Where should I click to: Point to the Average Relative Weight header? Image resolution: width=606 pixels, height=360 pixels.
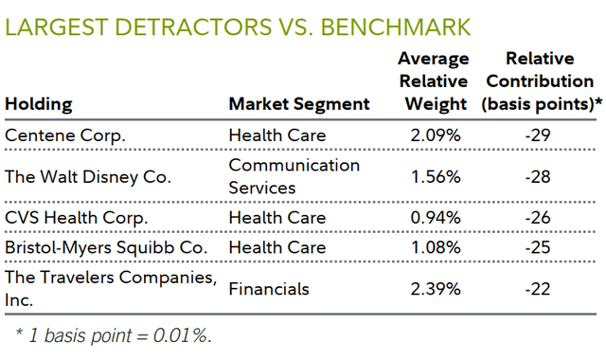pyautogui.click(x=435, y=81)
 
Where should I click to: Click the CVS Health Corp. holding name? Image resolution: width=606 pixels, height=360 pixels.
pyautogui.click(x=77, y=218)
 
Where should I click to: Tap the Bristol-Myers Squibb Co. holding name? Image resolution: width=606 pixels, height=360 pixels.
pyautogui.click(x=99, y=248)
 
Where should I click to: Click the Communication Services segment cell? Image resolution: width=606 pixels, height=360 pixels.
pyautogui.click(x=294, y=176)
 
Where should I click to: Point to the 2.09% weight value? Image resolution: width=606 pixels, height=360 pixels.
pyautogui.click(x=435, y=135)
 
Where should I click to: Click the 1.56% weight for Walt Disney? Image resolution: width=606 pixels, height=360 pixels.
pyautogui.click(x=435, y=176)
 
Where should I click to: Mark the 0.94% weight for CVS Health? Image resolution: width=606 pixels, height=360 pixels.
pyautogui.click(x=435, y=218)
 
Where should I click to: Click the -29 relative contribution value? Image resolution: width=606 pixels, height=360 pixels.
pyautogui.click(x=539, y=135)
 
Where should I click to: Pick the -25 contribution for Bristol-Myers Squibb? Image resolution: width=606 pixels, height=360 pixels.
pyautogui.click(x=539, y=248)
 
